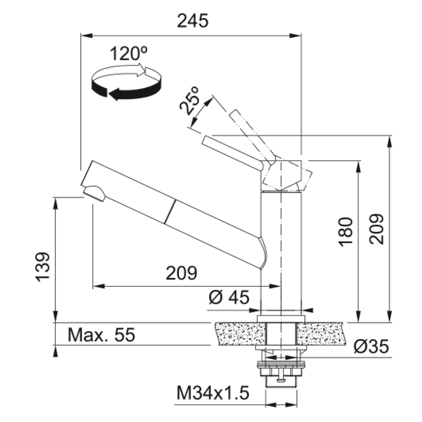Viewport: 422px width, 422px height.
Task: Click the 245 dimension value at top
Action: coord(193,21)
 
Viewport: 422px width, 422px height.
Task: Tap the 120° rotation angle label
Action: coord(129,53)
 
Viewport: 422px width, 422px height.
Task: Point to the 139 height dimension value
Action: coord(43,267)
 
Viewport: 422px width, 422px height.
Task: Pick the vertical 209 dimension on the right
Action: coord(376,229)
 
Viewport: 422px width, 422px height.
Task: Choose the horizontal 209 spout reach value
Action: coord(181,273)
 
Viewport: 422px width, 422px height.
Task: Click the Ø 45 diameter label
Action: coord(229,297)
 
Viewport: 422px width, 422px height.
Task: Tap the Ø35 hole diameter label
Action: coord(372,346)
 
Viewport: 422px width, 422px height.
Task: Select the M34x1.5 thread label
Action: coord(213,393)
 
